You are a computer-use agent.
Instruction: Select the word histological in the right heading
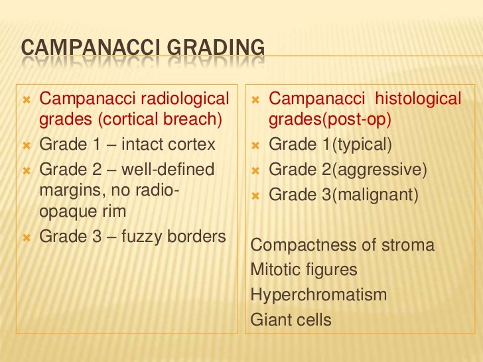[x=418, y=99]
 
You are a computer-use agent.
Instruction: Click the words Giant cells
[x=291, y=320]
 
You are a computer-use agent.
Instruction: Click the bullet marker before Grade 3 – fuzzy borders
[x=26, y=236]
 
